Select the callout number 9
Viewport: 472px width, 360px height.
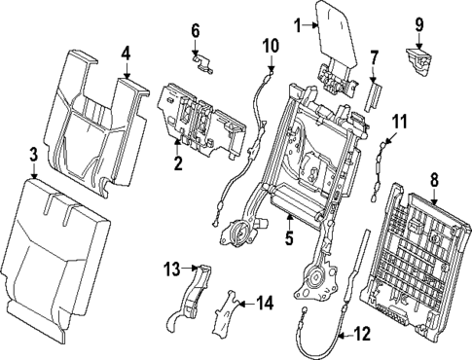tap(419, 23)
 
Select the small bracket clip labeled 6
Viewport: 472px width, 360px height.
tap(203, 63)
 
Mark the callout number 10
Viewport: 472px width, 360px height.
tap(271, 45)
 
